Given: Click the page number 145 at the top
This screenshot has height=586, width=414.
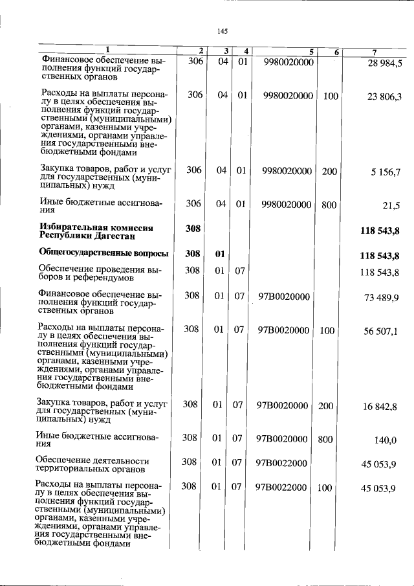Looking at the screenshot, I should [x=223, y=30].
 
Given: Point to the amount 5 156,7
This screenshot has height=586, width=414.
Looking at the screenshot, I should [x=386, y=172].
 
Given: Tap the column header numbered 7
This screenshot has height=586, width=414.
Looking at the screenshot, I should [x=375, y=51].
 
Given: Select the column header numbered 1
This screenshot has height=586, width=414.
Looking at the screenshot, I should [x=107, y=51].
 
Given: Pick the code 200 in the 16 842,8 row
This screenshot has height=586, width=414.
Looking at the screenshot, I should [x=326, y=405].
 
